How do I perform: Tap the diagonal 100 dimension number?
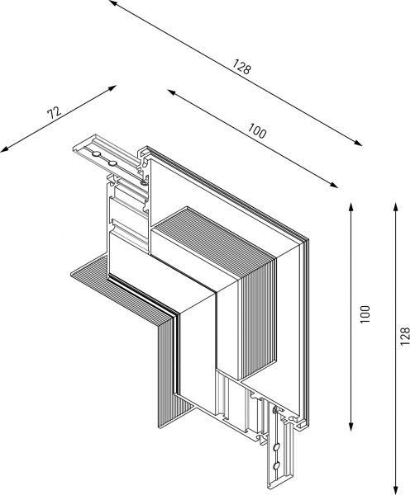[257, 130]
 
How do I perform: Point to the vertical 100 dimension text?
[365, 314]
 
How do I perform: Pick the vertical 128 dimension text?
[404, 336]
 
